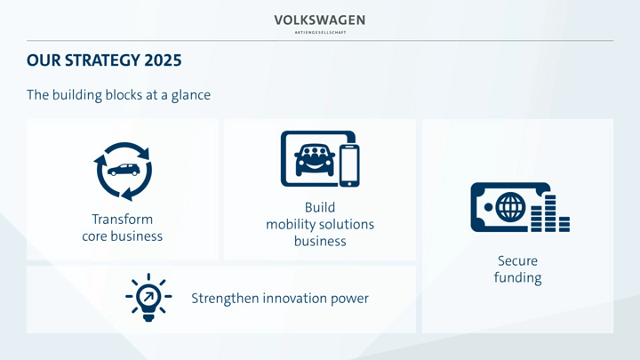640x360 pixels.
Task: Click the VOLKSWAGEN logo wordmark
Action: (320, 20)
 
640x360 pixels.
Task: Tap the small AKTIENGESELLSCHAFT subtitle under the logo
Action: (320, 32)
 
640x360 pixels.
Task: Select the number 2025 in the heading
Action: (163, 60)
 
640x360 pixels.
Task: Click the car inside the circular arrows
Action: (124, 170)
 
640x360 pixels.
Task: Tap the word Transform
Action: (123, 220)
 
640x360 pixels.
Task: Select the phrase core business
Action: (123, 236)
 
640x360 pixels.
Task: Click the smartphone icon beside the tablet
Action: (349, 165)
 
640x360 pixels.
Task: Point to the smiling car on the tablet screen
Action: (315, 160)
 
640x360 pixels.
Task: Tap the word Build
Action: (320, 207)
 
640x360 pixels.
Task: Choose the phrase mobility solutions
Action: (320, 225)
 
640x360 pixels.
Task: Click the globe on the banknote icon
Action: (510, 207)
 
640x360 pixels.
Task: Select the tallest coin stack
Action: (550, 213)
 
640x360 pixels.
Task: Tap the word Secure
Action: (517, 260)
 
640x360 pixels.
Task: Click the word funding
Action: (517, 278)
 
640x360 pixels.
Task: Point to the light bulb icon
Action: (148, 298)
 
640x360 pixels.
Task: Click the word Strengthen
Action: (224, 299)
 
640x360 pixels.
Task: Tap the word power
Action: (349, 300)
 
